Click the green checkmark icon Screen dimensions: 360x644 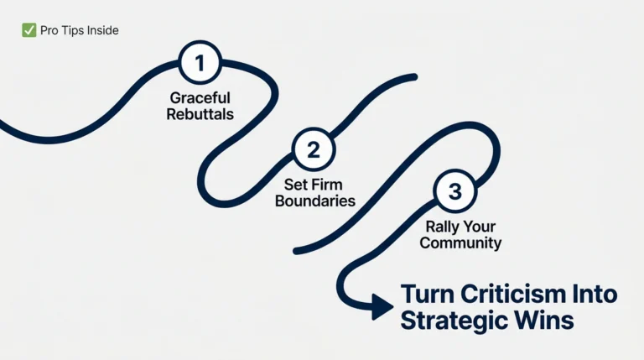click(29, 31)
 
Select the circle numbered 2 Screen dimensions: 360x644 click(313, 151)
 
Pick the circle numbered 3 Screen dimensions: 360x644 click(454, 192)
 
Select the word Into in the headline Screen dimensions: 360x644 click(594, 295)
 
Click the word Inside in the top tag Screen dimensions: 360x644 click(101, 31)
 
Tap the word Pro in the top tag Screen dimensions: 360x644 click(49, 31)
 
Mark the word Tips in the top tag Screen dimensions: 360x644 click(73, 31)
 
